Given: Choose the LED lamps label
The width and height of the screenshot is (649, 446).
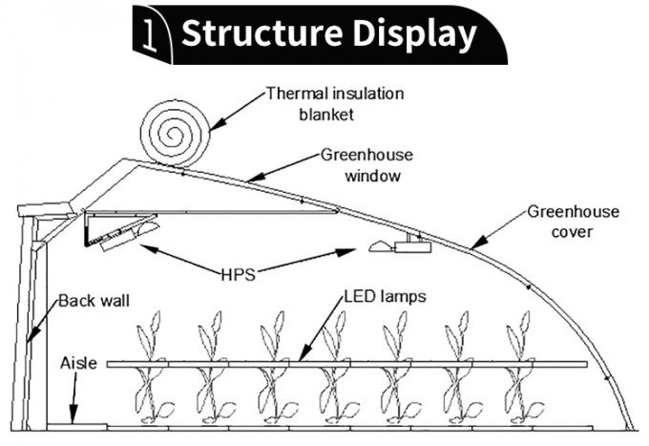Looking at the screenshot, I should [x=386, y=297].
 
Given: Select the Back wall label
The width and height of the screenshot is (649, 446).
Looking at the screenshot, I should [x=94, y=301].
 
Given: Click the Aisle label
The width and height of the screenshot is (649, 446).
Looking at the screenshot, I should [x=77, y=363].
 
